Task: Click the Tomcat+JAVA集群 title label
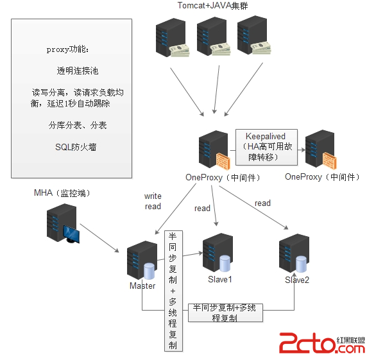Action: (x=212, y=5)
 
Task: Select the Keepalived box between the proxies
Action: (x=266, y=147)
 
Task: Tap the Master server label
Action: (x=142, y=286)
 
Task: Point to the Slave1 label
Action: (x=220, y=279)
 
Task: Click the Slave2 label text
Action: (x=297, y=280)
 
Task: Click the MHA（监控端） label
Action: (x=62, y=193)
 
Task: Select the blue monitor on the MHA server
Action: (x=71, y=234)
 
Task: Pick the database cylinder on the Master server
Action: (x=149, y=271)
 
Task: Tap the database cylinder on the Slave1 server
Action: (x=225, y=263)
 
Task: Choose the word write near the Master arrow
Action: (x=153, y=196)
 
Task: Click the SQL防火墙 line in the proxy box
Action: (x=76, y=147)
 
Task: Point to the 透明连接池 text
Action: (x=78, y=71)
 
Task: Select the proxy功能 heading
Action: (x=67, y=49)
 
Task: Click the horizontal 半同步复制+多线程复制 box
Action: (x=225, y=313)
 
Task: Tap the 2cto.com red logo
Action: (x=322, y=343)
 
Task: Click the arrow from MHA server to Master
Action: (x=99, y=238)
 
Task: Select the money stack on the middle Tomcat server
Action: (x=220, y=49)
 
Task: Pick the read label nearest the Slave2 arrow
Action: (x=262, y=203)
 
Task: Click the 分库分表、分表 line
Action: (x=78, y=125)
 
